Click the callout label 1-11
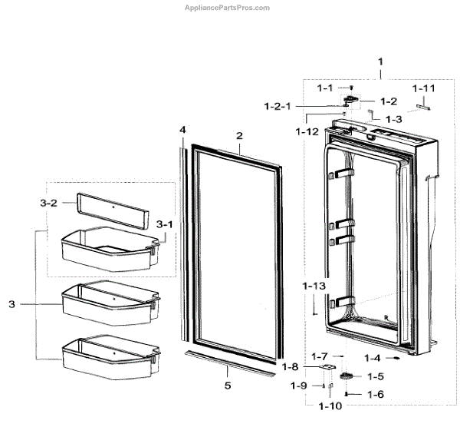423,89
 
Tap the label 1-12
307,131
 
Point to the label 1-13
314,286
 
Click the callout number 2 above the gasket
239,135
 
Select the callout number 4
182,130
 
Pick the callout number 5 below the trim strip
227,386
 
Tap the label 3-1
165,223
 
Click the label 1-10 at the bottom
330,405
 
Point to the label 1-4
373,358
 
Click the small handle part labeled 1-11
422,108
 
